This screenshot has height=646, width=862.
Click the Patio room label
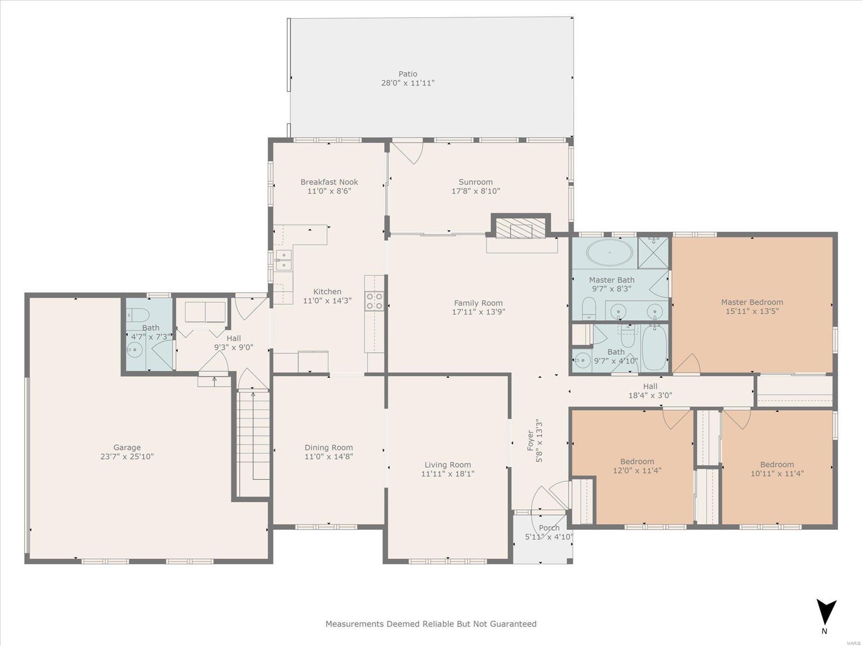[x=408, y=74]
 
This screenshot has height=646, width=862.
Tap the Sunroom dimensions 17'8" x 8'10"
[x=476, y=191]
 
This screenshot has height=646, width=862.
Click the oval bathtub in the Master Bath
[x=609, y=252]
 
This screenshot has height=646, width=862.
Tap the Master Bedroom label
[x=752, y=302]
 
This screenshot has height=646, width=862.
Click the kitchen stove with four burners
[x=374, y=301]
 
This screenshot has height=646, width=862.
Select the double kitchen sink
[x=283, y=261]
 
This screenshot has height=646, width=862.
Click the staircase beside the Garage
[x=253, y=443]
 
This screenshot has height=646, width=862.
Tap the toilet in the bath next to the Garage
[x=137, y=315]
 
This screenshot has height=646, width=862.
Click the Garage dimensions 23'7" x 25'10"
[x=127, y=457]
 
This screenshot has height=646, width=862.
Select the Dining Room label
[x=329, y=447]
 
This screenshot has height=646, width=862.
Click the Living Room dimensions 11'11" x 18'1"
[x=448, y=474]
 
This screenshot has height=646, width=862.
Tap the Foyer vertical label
[x=530, y=441]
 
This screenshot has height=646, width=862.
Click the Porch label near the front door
[x=549, y=528]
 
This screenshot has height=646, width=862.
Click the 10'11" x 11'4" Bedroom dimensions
[x=777, y=473]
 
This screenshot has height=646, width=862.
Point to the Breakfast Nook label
[x=329, y=182]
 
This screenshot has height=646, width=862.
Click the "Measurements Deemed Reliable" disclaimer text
[x=431, y=623]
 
